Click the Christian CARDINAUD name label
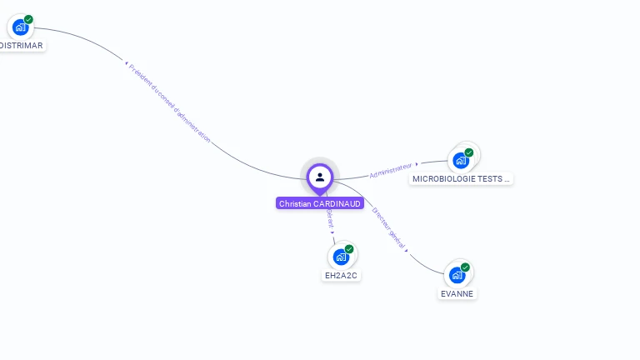(320, 203)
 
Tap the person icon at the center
(320, 177)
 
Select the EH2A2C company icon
(341, 257)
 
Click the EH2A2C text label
(342, 276)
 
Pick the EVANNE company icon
(457, 275)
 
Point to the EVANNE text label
(457, 293)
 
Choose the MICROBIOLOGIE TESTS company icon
(461, 160)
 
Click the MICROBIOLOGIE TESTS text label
(461, 178)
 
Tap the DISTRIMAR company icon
(21, 27)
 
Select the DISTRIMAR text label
(22, 45)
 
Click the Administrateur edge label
(391, 170)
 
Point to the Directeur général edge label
(388, 228)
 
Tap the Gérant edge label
(330, 218)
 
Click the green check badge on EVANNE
(465, 267)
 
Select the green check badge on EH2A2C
(349, 249)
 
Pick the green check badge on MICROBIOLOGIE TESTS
(469, 152)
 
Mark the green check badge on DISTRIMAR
(29, 19)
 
